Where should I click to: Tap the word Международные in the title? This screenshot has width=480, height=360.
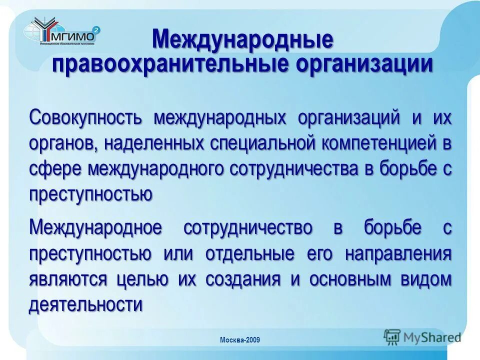click(x=242, y=40)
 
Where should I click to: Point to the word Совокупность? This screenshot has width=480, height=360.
click(x=86, y=119)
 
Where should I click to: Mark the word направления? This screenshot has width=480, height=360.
click(x=398, y=253)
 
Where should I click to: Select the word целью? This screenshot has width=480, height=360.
click(x=147, y=279)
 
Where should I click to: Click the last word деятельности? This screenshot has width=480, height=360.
click(x=85, y=304)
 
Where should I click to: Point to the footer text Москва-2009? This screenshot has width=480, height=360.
click(x=240, y=340)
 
